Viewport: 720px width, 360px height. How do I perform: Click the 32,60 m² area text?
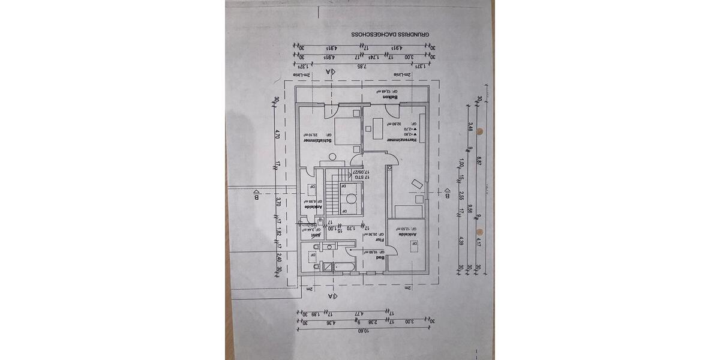pyautogui.click(x=395, y=124)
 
